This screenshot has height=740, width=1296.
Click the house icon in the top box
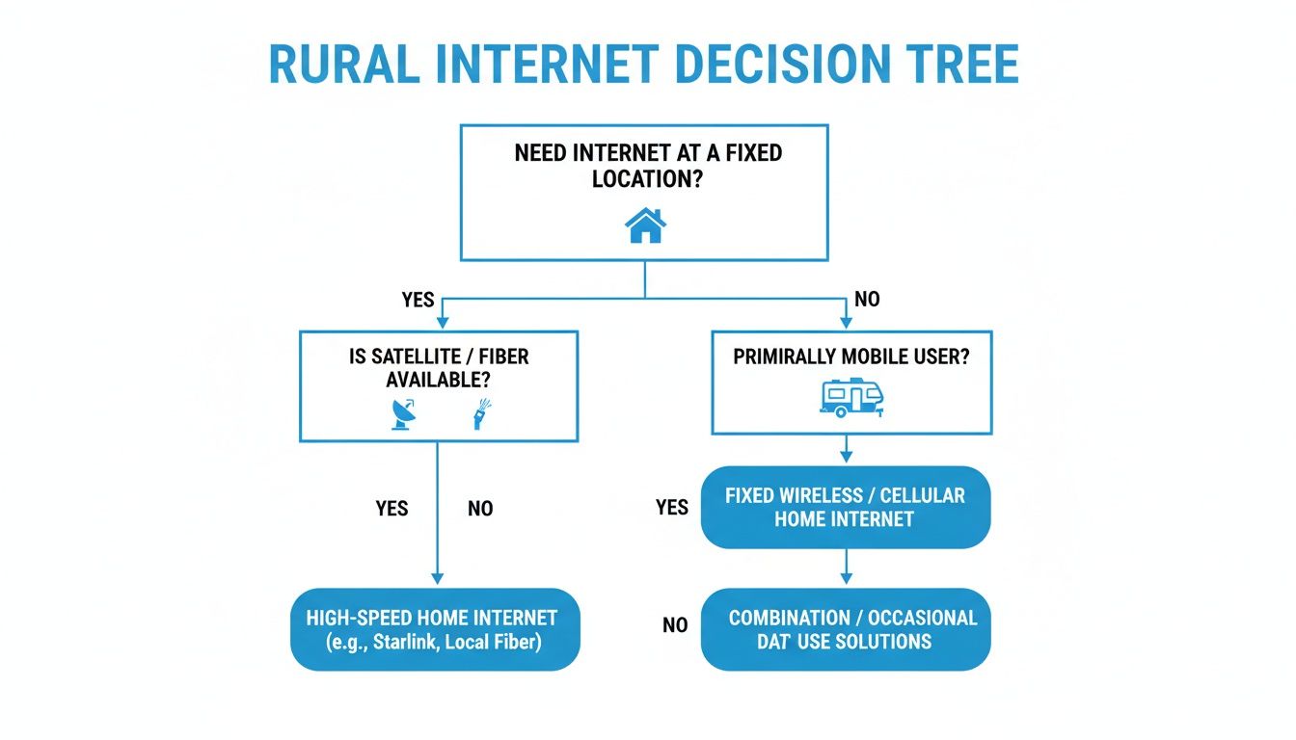(644, 227)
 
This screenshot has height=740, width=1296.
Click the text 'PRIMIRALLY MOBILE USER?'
(851, 357)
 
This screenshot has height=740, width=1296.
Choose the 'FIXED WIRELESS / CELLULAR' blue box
(846, 508)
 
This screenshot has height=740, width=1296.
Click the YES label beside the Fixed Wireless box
(672, 507)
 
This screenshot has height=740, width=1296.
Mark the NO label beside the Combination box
(675, 625)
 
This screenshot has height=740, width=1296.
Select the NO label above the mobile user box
(867, 299)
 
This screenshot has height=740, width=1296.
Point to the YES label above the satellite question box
(418, 300)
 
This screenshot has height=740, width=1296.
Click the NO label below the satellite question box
(480, 508)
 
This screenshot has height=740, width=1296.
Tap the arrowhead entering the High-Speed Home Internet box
(437, 577)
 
